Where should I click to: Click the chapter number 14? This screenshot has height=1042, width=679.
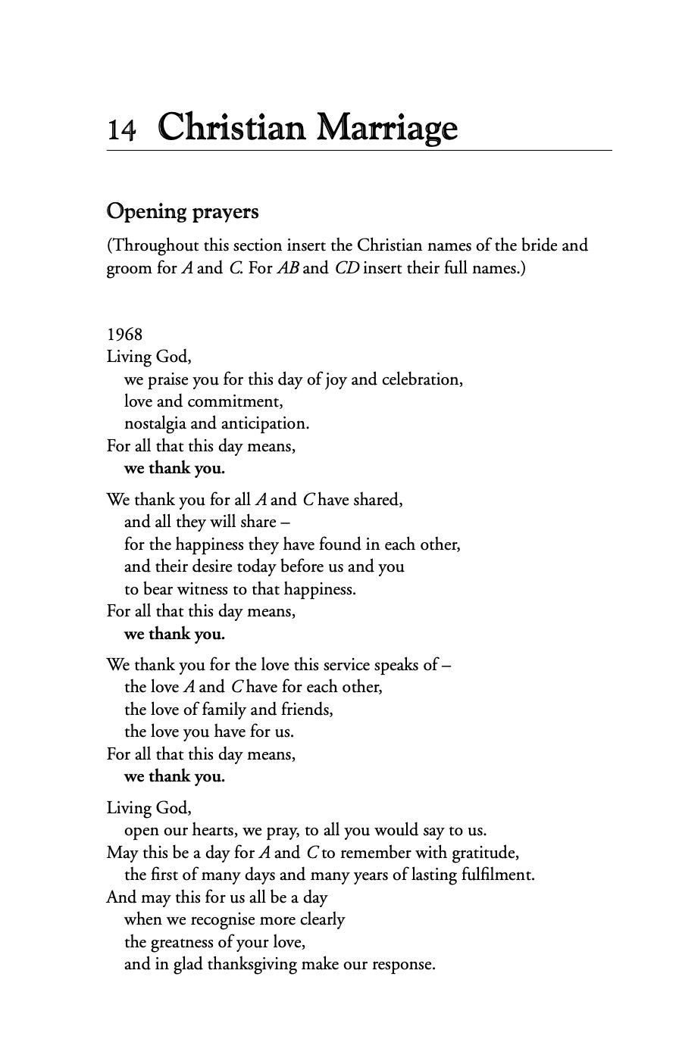(x=121, y=129)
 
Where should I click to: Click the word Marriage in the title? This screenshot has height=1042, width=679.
(x=386, y=127)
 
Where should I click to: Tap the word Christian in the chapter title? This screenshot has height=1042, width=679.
(x=233, y=126)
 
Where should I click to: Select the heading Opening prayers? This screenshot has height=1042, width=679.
(x=182, y=211)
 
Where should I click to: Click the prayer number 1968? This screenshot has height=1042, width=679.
(x=124, y=334)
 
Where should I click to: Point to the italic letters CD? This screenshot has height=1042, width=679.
(x=346, y=268)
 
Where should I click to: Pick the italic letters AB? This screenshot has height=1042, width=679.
(x=288, y=268)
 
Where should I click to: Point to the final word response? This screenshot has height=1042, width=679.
(x=401, y=965)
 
